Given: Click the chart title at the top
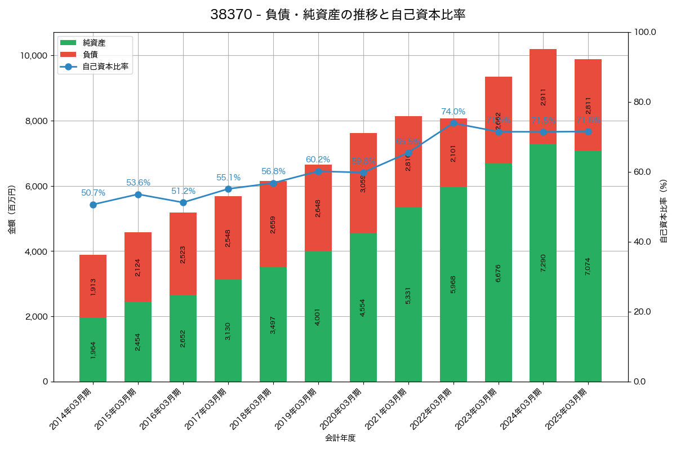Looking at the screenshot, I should pos(337,15).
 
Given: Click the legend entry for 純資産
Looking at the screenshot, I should pos(94,43).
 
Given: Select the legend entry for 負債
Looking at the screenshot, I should pos(90,55).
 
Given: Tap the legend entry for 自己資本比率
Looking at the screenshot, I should pos(105,67).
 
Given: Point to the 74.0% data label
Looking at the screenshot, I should pos(453,112).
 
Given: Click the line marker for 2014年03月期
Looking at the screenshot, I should pos(93,205).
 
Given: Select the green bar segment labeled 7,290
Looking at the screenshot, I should pos(543,263).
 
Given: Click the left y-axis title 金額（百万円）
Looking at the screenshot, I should pos(12,210).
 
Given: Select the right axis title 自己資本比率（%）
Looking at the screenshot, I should pos(664,211).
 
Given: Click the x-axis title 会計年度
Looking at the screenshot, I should pos(340,438).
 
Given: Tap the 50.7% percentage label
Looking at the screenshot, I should pos(93,193).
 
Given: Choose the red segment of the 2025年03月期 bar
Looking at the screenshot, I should pos(588,105).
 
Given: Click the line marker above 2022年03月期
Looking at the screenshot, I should pos(453,123).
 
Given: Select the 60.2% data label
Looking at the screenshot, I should pos(318,160).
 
